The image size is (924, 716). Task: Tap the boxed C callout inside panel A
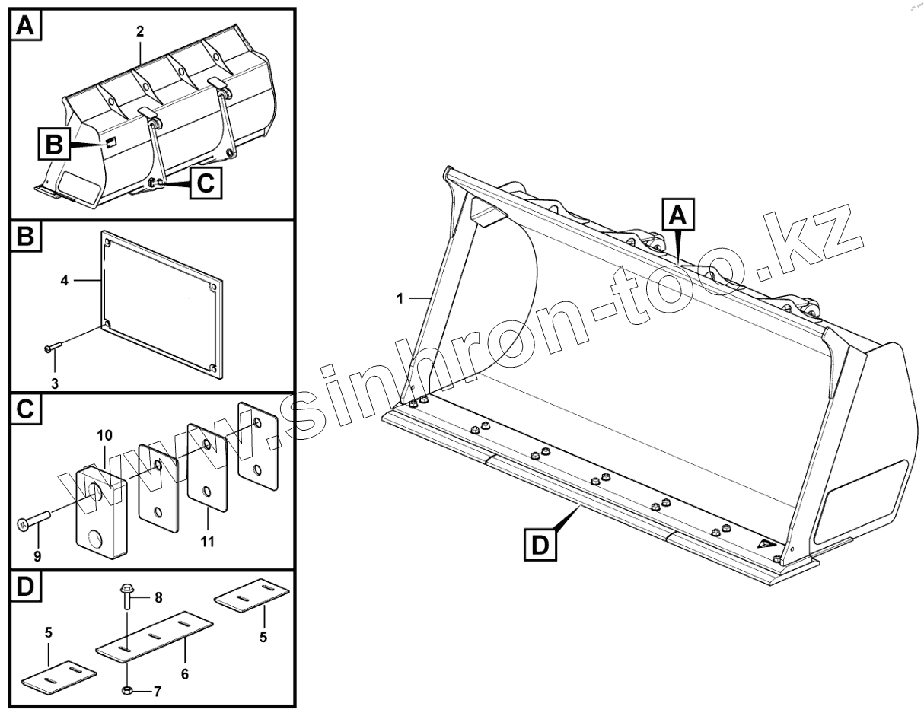coord(206,183)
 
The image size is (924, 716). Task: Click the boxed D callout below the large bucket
coord(539,546)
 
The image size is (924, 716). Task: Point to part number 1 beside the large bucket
coord(400,299)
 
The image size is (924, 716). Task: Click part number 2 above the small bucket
coord(140,33)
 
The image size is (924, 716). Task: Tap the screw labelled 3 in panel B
coord(53,348)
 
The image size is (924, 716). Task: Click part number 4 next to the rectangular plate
coord(65,281)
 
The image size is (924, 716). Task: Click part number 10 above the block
coord(104,435)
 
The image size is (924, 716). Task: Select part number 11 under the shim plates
coord(207,543)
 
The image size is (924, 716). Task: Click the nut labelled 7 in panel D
coord(128,691)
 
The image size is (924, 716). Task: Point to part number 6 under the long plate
coord(185,673)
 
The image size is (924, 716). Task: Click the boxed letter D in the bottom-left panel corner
coord(26,587)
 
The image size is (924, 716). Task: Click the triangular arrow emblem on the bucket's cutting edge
coord(766,544)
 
